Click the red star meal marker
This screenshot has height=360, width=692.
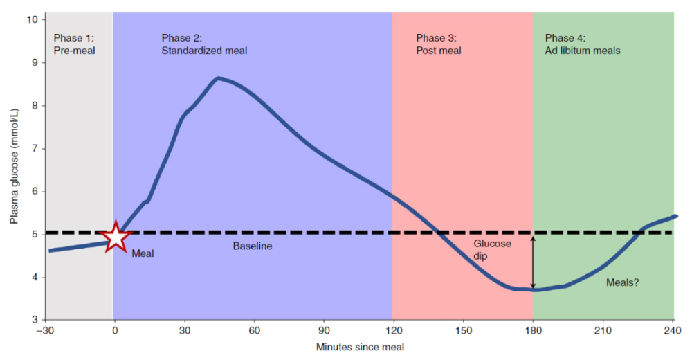(x=116, y=237)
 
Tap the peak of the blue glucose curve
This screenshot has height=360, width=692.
(x=218, y=79)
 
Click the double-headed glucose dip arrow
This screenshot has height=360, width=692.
(x=533, y=262)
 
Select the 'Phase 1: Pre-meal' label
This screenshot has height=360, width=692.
(x=74, y=44)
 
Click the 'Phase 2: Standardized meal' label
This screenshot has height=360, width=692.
(x=204, y=44)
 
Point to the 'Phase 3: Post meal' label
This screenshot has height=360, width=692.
(x=438, y=44)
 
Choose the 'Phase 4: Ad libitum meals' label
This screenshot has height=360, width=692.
(x=582, y=44)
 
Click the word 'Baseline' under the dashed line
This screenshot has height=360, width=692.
(x=253, y=246)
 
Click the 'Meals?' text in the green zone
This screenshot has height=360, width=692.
(x=622, y=282)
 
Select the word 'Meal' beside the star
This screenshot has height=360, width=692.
(x=143, y=253)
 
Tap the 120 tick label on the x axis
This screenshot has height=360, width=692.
(x=394, y=330)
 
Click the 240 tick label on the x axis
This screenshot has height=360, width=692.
(x=673, y=330)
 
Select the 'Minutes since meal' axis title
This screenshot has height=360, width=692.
(x=360, y=347)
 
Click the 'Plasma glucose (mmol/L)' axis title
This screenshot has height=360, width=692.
(x=14, y=166)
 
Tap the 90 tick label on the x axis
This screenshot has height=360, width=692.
(x=324, y=330)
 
